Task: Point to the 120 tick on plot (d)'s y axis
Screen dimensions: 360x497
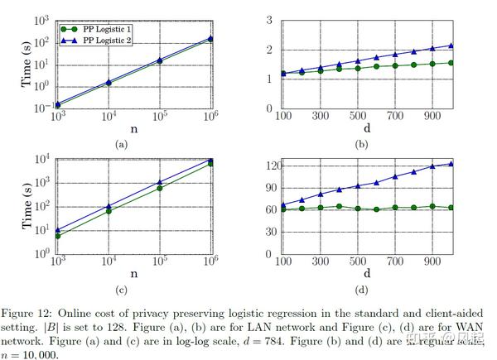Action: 264,166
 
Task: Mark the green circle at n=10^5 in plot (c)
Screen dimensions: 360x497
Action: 159,188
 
